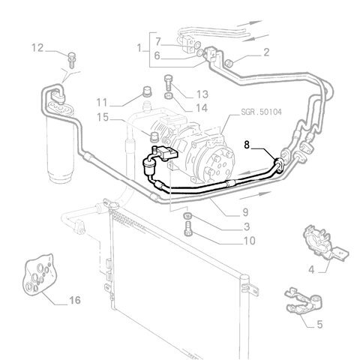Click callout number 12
click(37, 48)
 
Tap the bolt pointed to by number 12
click(72, 60)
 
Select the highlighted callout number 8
click(247, 145)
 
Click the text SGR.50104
click(261, 112)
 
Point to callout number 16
click(75, 300)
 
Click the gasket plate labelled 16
click(40, 273)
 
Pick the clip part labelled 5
click(304, 301)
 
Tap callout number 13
click(202, 94)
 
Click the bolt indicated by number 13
click(169, 83)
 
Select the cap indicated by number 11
click(147, 91)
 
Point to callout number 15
click(103, 117)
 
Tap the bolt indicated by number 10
click(188, 229)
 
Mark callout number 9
click(245, 212)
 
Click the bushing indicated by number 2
click(229, 63)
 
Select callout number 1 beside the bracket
click(139, 48)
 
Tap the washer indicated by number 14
click(169, 95)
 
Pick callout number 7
click(157, 42)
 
